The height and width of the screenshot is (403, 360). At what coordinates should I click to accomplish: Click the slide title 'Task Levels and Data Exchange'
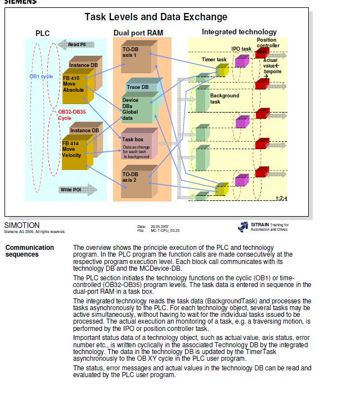[x=156, y=17]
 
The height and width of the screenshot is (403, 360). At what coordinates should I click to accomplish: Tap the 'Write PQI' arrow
[x=74, y=190]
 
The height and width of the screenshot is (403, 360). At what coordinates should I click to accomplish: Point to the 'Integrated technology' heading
[x=239, y=32]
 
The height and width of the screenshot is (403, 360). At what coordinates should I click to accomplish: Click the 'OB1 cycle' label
[x=41, y=76]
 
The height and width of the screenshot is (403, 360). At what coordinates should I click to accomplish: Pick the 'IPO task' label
[x=241, y=49]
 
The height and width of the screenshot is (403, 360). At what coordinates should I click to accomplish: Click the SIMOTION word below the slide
[x=21, y=225]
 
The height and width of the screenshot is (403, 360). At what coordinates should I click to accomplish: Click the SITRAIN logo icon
[x=243, y=226]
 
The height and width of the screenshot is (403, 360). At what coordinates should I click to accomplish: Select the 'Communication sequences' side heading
[x=29, y=251]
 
